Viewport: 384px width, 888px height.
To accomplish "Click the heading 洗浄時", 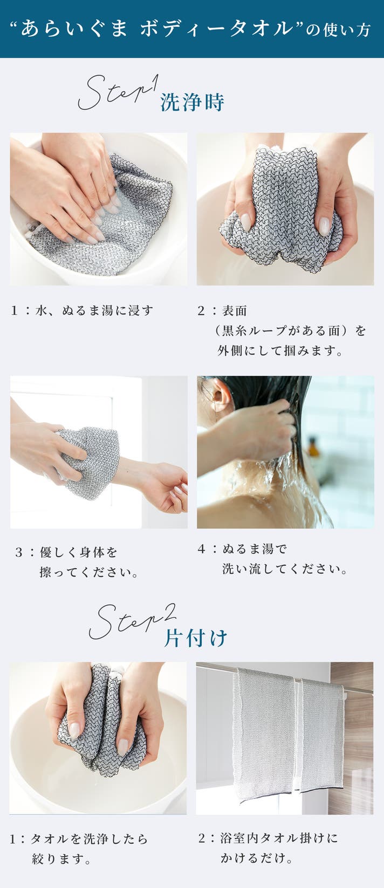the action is [192, 102].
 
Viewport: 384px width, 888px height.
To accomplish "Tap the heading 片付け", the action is [196, 638].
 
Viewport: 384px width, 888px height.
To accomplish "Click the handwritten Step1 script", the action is [118, 93].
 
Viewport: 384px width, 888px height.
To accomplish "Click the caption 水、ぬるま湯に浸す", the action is [94, 310].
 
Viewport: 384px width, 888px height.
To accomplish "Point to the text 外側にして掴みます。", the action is [279, 351].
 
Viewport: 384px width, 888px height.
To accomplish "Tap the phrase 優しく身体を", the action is [79, 552].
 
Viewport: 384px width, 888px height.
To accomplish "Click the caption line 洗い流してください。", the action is [285, 569].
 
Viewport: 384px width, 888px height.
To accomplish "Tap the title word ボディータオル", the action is [216, 29].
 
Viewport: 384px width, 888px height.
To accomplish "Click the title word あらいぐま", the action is [74, 29].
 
